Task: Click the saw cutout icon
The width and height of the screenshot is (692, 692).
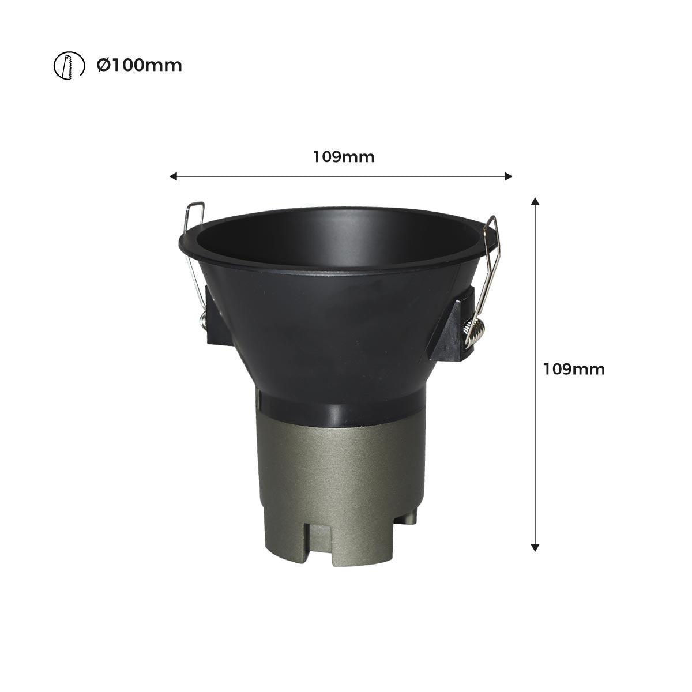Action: pos(65,65)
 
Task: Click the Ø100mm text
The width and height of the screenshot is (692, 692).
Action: pos(139,65)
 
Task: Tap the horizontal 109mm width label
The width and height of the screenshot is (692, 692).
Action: pos(344,156)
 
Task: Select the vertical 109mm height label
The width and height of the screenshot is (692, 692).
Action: pos(574,369)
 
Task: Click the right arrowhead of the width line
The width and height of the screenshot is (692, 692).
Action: pos(508,176)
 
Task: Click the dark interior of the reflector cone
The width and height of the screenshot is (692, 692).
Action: pos(340,242)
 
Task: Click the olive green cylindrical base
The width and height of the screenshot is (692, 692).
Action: pos(340,473)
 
